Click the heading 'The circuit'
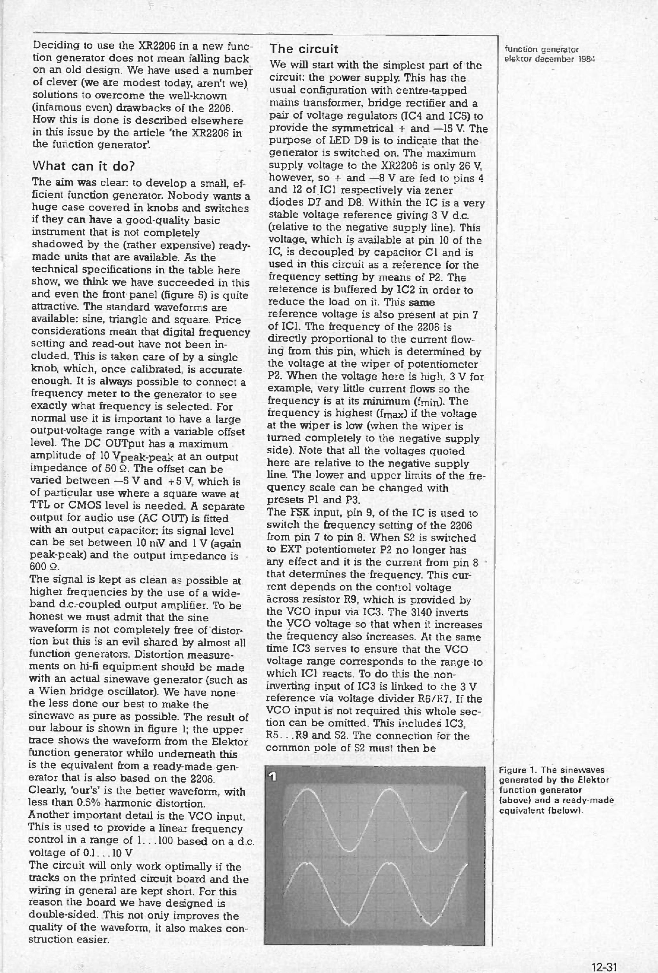tap(304, 49)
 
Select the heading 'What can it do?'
tap(83, 166)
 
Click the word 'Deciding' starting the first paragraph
tap(51, 45)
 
